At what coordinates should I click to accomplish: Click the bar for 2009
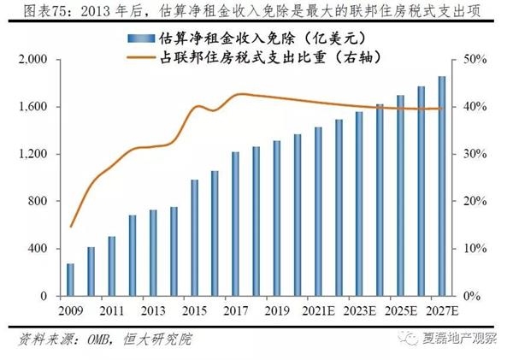click(70, 280)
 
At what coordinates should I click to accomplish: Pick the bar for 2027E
click(440, 186)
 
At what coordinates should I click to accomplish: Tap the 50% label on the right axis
click(475, 60)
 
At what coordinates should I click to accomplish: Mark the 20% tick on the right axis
click(475, 202)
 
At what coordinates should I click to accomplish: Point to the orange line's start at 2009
click(71, 227)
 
